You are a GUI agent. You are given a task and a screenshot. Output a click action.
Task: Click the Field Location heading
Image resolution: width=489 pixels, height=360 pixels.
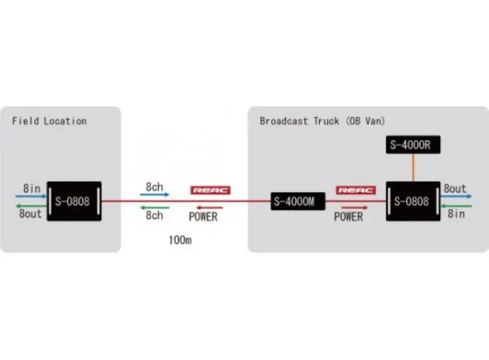(x=49, y=121)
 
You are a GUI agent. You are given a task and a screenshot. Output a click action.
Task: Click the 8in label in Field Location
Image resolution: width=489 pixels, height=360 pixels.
(x=32, y=188)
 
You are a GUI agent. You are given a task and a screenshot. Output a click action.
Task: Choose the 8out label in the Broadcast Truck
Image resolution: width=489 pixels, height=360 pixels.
(x=455, y=188)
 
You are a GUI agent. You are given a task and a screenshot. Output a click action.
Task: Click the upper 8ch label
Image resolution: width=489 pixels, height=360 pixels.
(x=155, y=187)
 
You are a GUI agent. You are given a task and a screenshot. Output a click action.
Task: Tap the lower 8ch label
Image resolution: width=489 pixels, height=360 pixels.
(x=155, y=215)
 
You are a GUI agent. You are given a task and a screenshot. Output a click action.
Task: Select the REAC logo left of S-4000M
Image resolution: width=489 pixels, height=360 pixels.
(x=211, y=190)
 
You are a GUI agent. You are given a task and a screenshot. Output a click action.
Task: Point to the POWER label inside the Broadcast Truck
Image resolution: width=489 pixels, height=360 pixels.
(x=348, y=216)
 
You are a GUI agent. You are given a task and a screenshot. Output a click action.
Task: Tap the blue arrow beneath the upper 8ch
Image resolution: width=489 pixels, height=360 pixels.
(x=155, y=196)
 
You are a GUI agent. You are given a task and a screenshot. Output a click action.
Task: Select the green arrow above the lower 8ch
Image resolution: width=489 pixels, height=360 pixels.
(x=155, y=207)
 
